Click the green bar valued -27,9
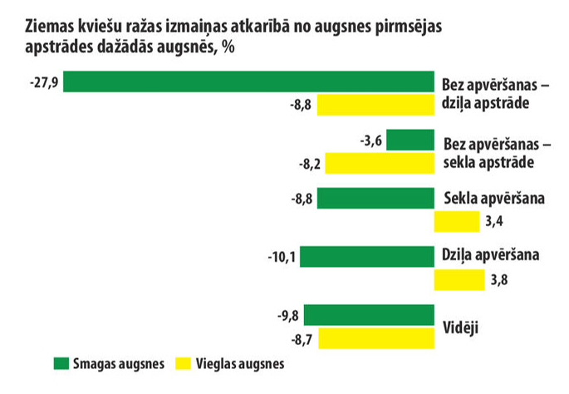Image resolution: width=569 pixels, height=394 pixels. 249,81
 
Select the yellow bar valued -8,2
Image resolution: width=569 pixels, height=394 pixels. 379,164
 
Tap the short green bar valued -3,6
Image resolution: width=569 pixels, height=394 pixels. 410,140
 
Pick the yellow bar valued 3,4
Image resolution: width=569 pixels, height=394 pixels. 457,222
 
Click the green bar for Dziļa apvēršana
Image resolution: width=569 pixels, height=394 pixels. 367,257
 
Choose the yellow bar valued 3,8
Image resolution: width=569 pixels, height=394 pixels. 459,280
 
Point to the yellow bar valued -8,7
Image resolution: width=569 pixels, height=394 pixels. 376,339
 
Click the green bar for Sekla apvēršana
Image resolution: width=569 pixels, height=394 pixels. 375,199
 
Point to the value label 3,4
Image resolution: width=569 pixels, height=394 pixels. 495,222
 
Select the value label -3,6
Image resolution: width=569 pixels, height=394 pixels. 370,140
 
